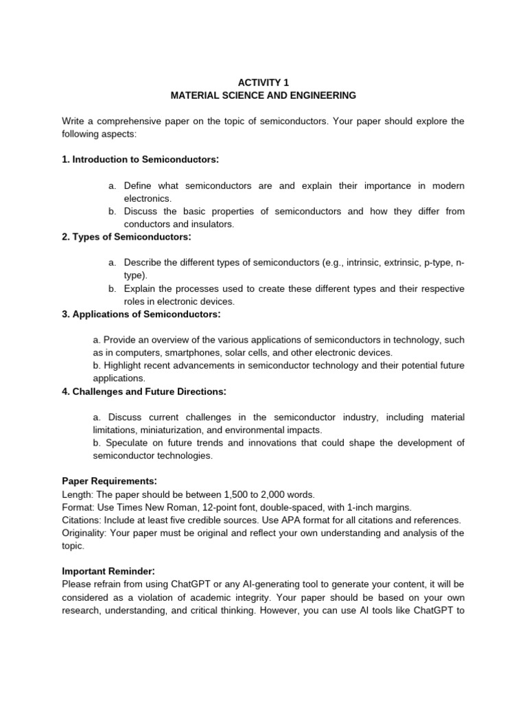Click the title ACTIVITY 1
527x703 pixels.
point(263,82)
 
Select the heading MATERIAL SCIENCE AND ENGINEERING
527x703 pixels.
point(263,95)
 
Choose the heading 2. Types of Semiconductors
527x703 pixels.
point(126,237)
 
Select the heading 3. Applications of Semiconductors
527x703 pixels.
point(141,314)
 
